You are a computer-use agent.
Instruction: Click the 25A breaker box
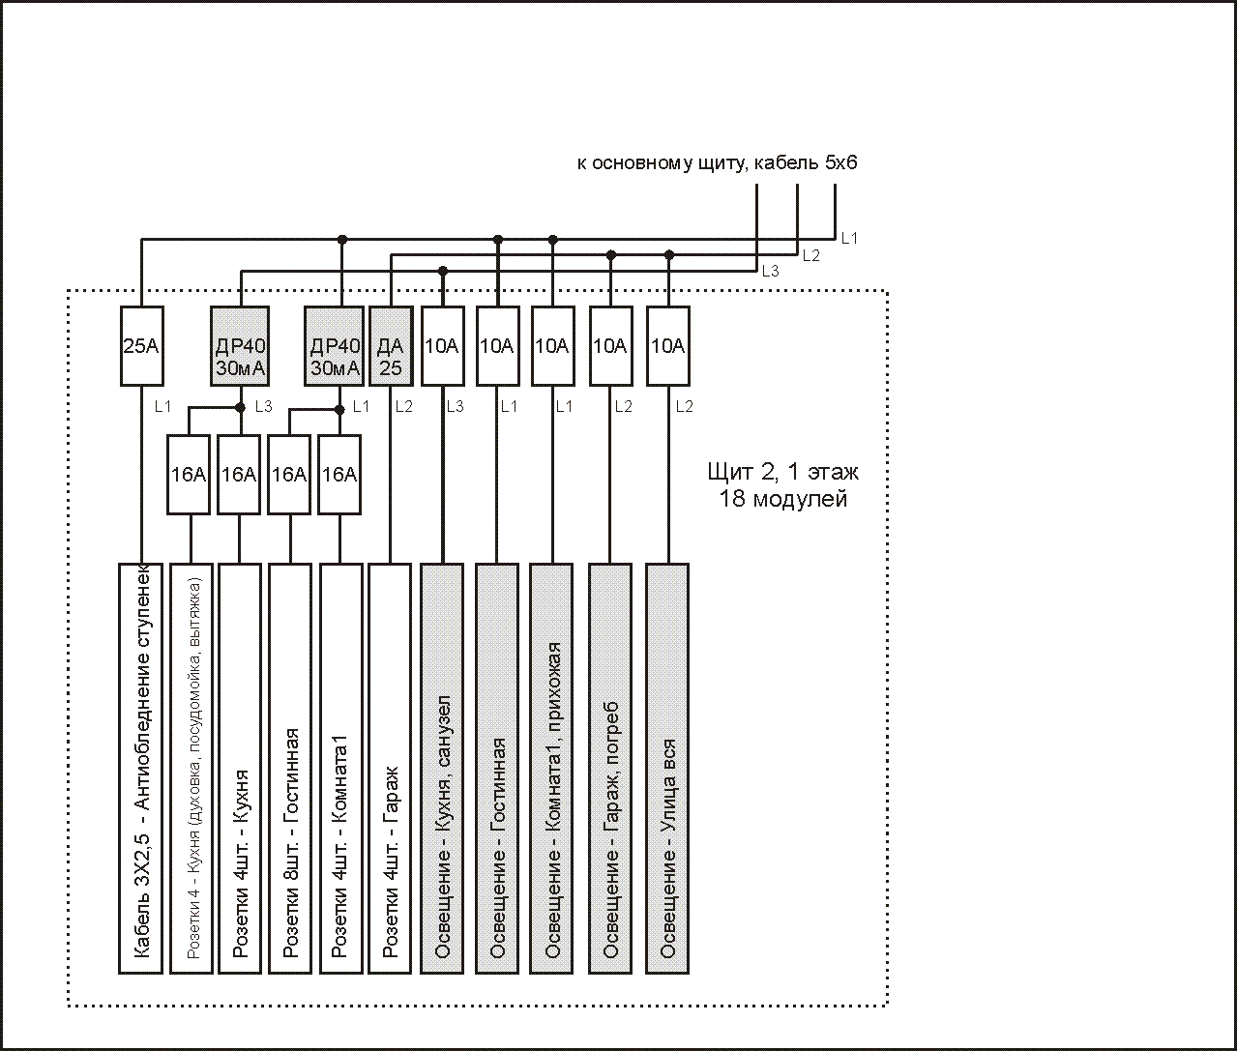pyautogui.click(x=142, y=346)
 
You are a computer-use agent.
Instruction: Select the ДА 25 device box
pyautogui.click(x=391, y=346)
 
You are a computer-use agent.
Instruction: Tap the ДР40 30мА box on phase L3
pyautogui.click(x=240, y=346)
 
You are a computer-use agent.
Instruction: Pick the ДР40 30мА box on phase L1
pyautogui.click(x=334, y=346)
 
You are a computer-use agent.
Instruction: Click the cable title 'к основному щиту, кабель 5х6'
pyautogui.click(x=717, y=162)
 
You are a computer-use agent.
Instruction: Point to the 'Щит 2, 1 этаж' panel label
pyautogui.click(x=782, y=472)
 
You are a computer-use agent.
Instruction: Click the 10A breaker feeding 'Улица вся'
pyautogui.click(x=668, y=346)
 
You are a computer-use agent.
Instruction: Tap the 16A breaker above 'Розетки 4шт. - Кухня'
pyautogui.click(x=239, y=475)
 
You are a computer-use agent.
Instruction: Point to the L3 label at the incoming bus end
pyautogui.click(x=770, y=272)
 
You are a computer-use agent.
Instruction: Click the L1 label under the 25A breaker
pyautogui.click(x=162, y=407)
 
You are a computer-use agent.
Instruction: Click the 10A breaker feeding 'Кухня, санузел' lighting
pyautogui.click(x=443, y=346)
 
